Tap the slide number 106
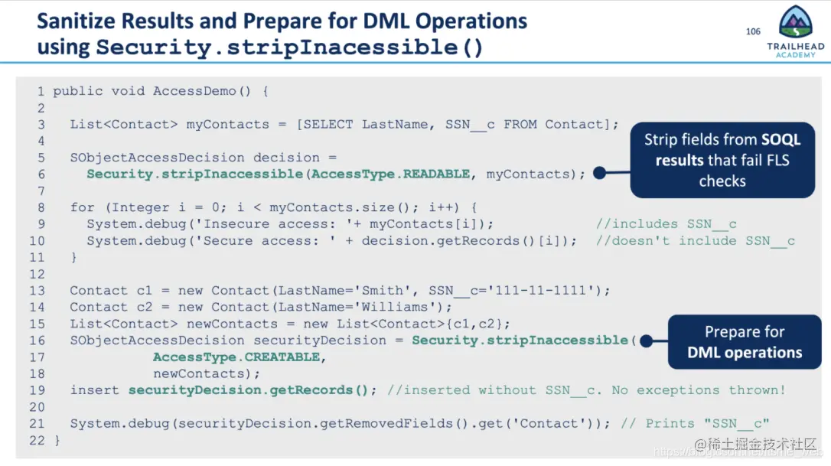tap(753, 31)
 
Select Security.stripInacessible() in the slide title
tap(289, 47)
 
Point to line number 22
tap(37, 440)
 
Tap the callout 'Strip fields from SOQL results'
tap(722, 159)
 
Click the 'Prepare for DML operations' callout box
tap(744, 342)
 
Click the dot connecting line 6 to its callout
tap(599, 174)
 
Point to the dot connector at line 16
tap(646, 341)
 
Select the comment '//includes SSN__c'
tap(666, 224)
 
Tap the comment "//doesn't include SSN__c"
tap(695, 241)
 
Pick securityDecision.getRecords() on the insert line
tap(249, 390)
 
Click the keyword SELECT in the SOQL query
tap(332, 125)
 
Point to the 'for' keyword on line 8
tap(82, 207)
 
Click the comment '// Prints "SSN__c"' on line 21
tap(695, 424)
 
